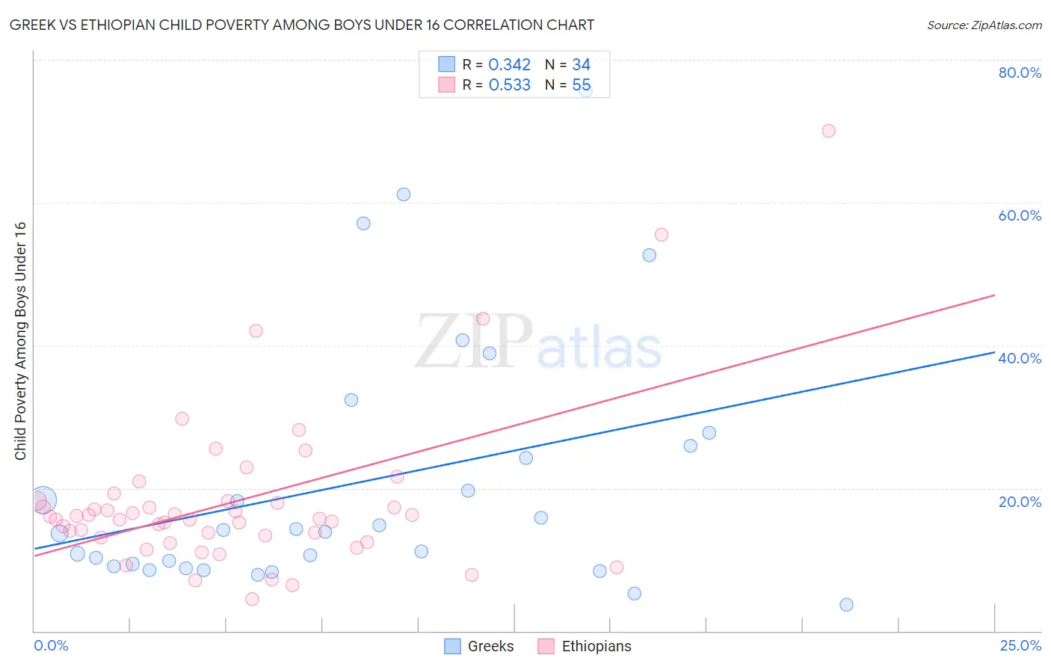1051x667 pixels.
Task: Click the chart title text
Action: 302,25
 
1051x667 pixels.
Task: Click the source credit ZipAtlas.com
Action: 984,25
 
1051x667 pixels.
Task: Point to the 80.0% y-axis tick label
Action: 1020,73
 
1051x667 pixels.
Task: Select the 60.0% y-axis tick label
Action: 1020,215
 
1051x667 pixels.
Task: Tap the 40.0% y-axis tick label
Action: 1020,358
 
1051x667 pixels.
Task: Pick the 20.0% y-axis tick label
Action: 1020,502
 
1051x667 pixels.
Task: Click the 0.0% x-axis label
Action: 51,645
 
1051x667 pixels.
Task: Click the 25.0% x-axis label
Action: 1020,645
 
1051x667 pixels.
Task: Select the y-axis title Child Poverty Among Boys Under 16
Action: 21,341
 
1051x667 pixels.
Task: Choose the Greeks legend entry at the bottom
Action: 480,646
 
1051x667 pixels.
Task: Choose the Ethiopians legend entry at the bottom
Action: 585,646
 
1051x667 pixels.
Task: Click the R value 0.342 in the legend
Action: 509,65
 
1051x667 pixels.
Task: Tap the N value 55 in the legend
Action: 581,85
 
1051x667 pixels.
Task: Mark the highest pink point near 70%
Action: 828,131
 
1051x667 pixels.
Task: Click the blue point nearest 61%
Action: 404,194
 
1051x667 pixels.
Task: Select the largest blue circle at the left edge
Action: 43,500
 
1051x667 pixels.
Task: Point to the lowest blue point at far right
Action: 846,605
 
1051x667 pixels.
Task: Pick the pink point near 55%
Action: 661,235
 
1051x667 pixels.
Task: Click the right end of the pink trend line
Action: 994,295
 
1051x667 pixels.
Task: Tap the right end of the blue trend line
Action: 994,351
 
